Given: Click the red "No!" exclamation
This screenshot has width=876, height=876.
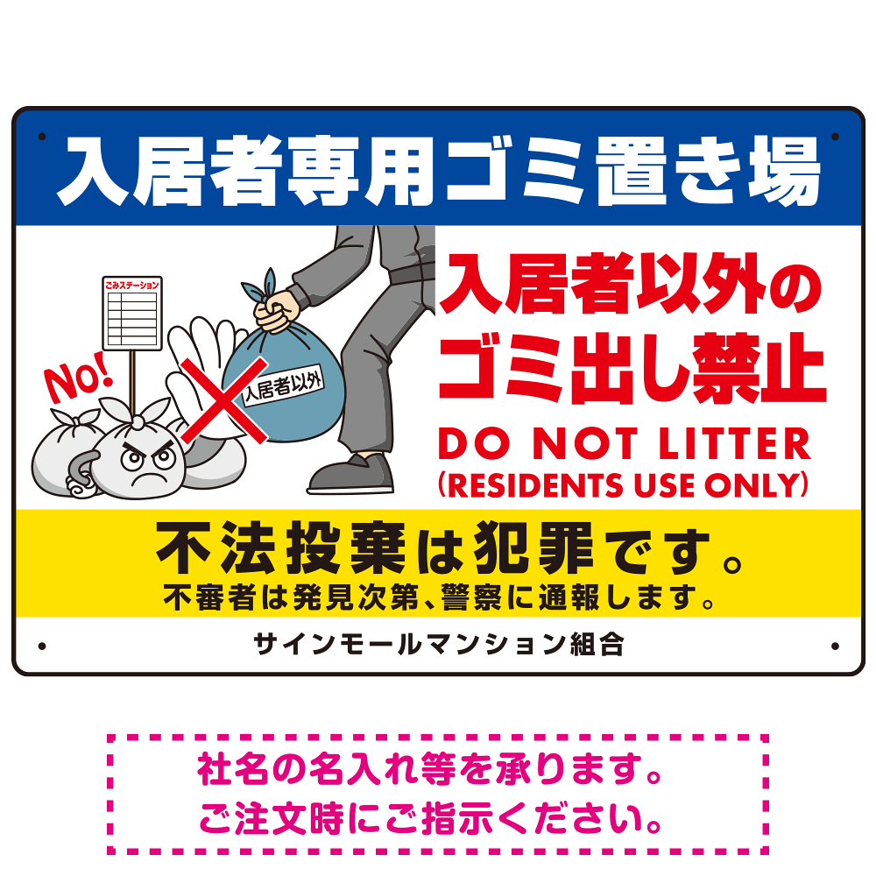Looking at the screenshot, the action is pyautogui.click(x=78, y=378).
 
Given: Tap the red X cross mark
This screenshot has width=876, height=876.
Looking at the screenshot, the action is pyautogui.click(x=223, y=400).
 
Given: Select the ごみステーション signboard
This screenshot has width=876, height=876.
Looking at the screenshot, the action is pyautogui.click(x=132, y=313).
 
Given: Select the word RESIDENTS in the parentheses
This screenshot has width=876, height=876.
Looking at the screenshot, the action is pyautogui.click(x=534, y=485).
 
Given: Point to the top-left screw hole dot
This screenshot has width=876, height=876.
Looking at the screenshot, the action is pyautogui.click(x=42, y=137).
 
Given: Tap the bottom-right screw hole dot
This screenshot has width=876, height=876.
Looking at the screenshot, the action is pyautogui.click(x=835, y=646).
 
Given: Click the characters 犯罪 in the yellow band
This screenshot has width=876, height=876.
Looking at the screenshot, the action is pyautogui.click(x=533, y=548).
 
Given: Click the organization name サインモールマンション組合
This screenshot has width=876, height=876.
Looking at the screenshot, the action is pyautogui.click(x=439, y=645).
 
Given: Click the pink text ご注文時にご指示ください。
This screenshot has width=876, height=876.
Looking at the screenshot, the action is pyautogui.click(x=431, y=819).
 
